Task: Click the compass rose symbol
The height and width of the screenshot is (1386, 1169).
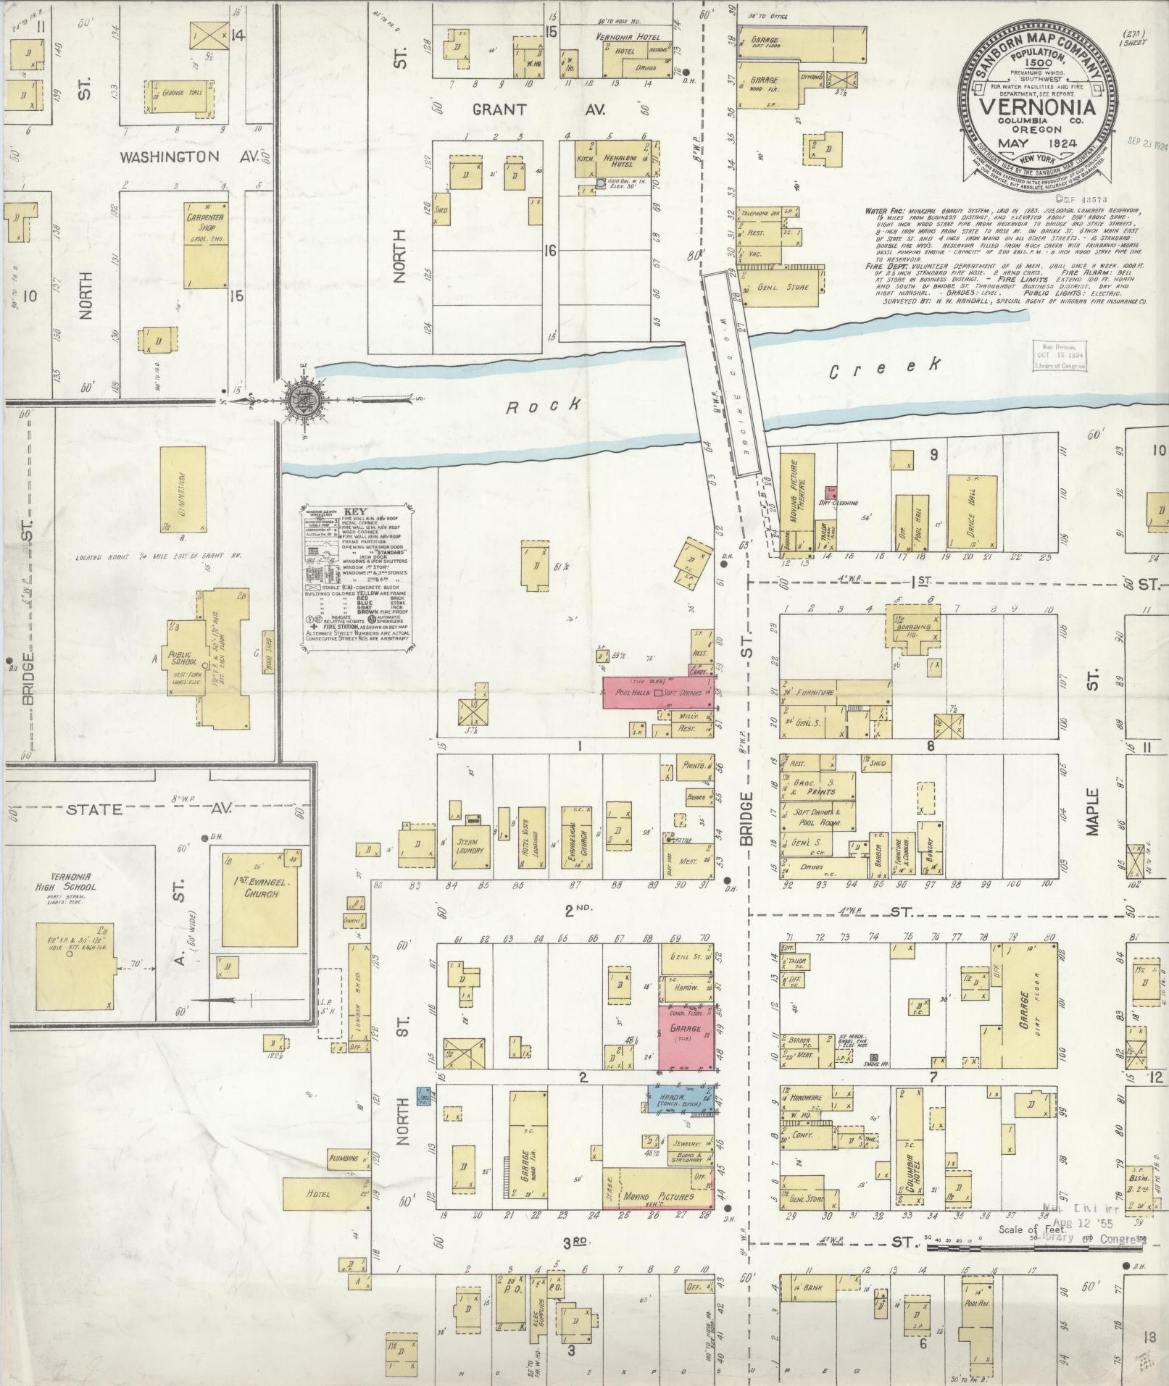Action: (299, 398)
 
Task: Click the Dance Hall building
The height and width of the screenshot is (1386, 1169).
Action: (970, 520)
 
